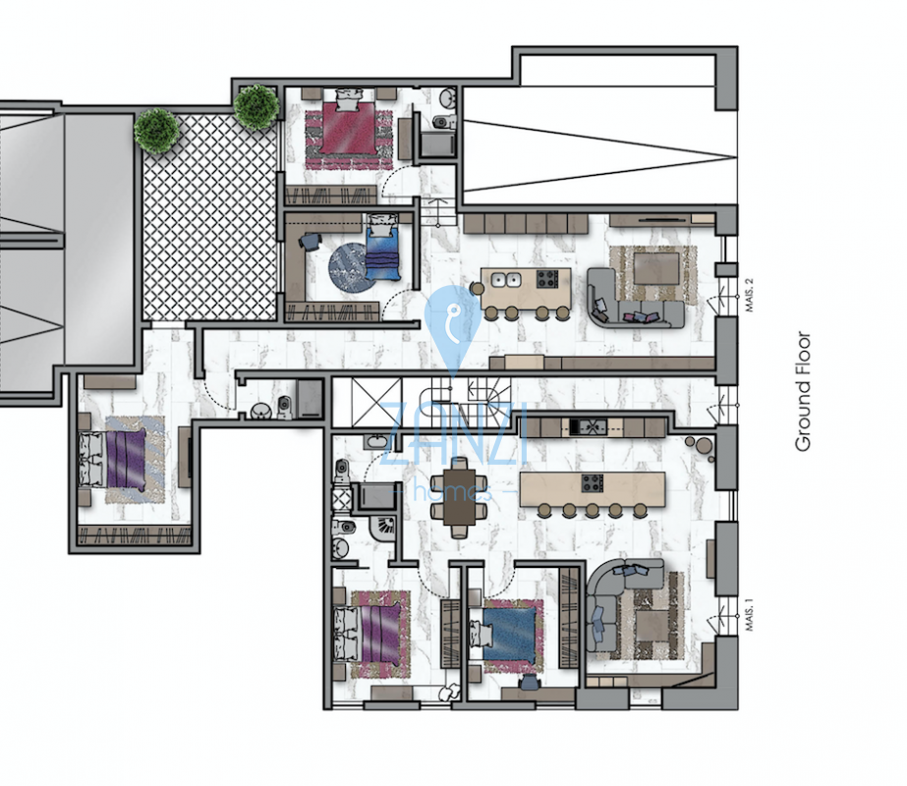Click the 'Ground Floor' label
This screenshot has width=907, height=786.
click(x=803, y=391)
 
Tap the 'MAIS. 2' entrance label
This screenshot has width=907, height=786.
click(x=750, y=296)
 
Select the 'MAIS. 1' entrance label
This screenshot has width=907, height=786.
click(x=750, y=615)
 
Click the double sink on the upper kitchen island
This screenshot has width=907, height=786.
click(x=505, y=280)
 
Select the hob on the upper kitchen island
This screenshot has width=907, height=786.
click(x=546, y=279)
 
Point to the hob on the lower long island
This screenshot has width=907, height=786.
click(x=592, y=483)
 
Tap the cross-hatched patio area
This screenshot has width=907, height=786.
click(x=209, y=217)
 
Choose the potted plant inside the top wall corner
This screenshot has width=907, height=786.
click(x=255, y=107)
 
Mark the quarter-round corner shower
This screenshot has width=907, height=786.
click(x=381, y=528)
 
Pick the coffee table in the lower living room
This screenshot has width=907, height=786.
click(x=652, y=627)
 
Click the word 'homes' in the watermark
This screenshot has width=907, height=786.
click(x=452, y=492)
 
